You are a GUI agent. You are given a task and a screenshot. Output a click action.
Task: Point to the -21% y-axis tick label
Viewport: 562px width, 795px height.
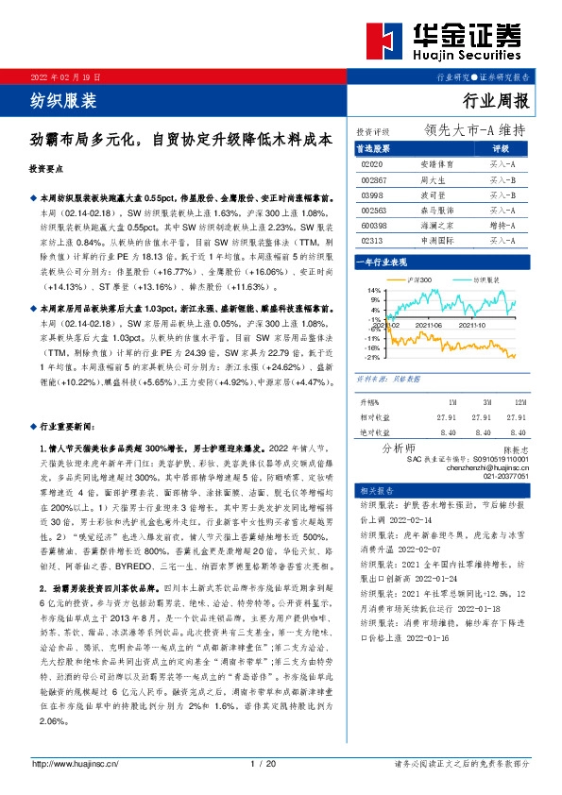[x=372, y=357]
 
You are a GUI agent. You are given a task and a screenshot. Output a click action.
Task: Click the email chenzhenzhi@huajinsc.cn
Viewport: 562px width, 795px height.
[x=495, y=467]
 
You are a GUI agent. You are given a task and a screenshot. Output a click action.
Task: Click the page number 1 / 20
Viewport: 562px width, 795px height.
[x=264, y=764]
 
